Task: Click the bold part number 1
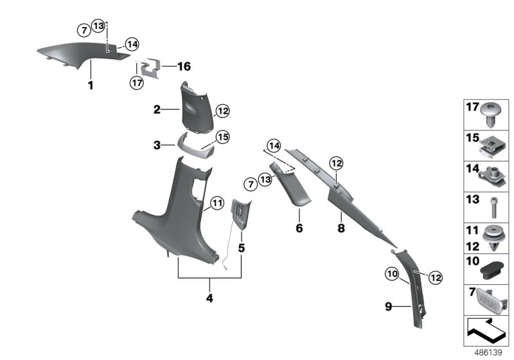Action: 91,85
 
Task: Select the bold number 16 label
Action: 184,66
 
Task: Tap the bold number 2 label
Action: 157,110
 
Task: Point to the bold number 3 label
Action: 157,146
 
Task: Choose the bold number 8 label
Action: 341,228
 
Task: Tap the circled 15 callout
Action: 222,137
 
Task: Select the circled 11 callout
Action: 217,204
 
